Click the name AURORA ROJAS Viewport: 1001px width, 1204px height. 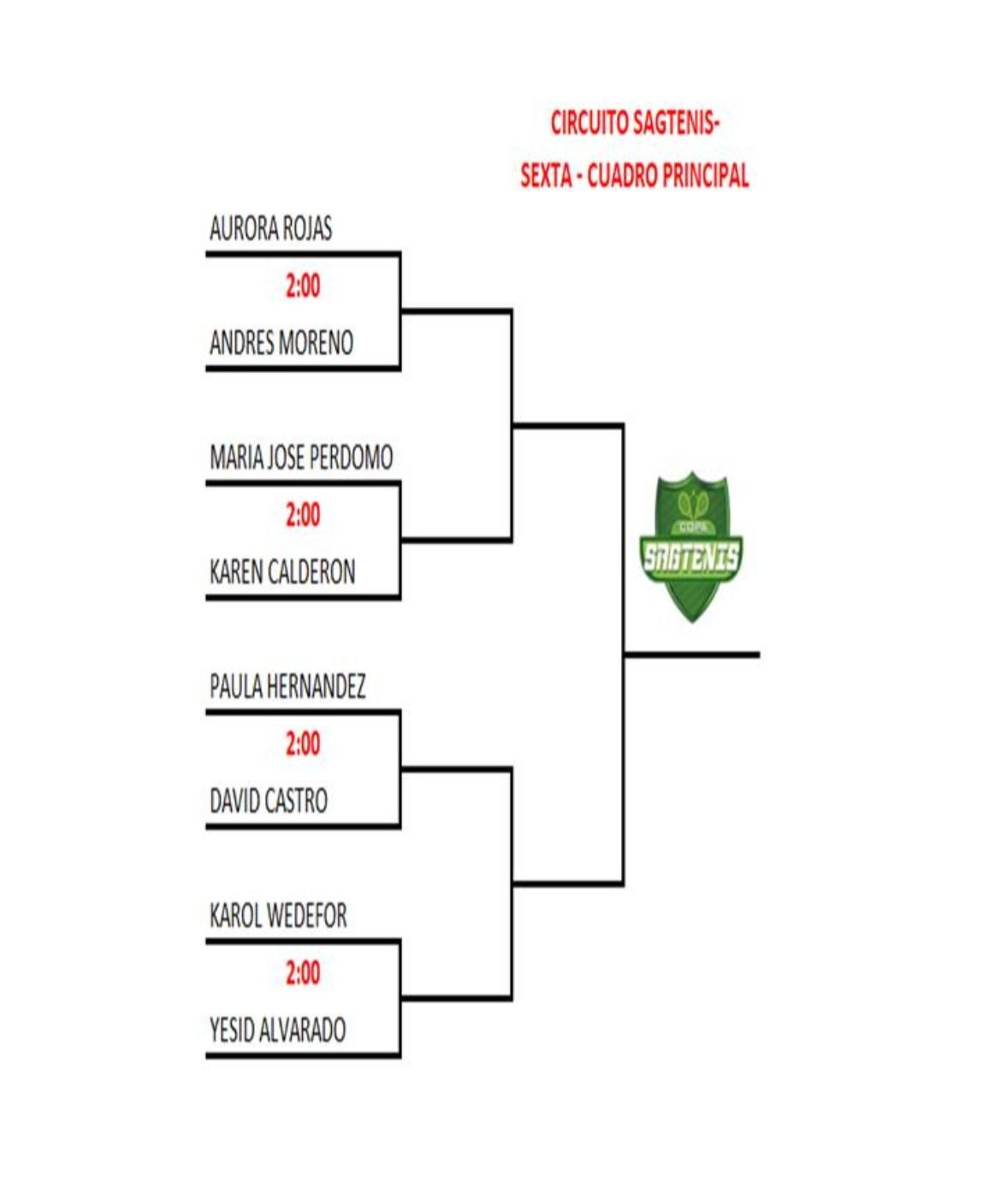[270, 229]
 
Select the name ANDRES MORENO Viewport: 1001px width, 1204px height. [281, 343]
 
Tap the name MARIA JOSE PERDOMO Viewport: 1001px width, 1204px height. [301, 457]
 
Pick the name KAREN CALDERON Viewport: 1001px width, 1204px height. [282, 572]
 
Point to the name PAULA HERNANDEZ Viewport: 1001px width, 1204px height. [287, 687]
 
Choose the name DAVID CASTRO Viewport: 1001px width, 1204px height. [269, 801]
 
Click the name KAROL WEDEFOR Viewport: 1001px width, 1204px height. [278, 916]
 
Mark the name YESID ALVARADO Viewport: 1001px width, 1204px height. [278, 1030]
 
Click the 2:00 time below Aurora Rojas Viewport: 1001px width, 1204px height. [303, 286]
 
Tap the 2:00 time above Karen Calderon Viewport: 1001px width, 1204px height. [303, 515]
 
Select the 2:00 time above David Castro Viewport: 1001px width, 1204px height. [303, 744]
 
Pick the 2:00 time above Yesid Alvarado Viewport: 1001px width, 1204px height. [303, 972]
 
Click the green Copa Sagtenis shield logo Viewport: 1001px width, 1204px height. [691, 547]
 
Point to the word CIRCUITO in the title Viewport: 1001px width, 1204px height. [589, 123]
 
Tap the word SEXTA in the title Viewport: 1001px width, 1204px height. [546, 176]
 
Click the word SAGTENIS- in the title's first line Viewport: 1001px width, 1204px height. [677, 123]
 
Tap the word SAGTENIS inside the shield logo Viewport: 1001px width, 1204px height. [691, 558]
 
